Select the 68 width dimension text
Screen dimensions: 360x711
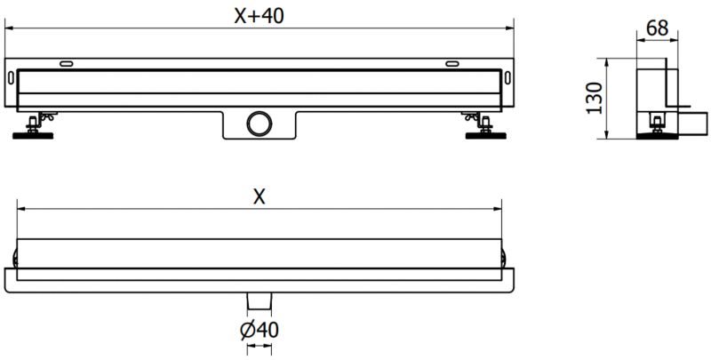[658, 28]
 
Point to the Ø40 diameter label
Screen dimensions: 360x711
[260, 330]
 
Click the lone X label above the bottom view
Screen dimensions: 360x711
[259, 198]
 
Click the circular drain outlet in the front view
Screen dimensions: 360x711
[260, 123]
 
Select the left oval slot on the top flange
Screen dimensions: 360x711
[68, 64]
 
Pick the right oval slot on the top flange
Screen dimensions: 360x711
[453, 64]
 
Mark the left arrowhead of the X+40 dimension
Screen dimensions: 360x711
[9, 28]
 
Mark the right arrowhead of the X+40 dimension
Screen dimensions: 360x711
[513, 28]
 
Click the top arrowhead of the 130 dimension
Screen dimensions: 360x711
[607, 62]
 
